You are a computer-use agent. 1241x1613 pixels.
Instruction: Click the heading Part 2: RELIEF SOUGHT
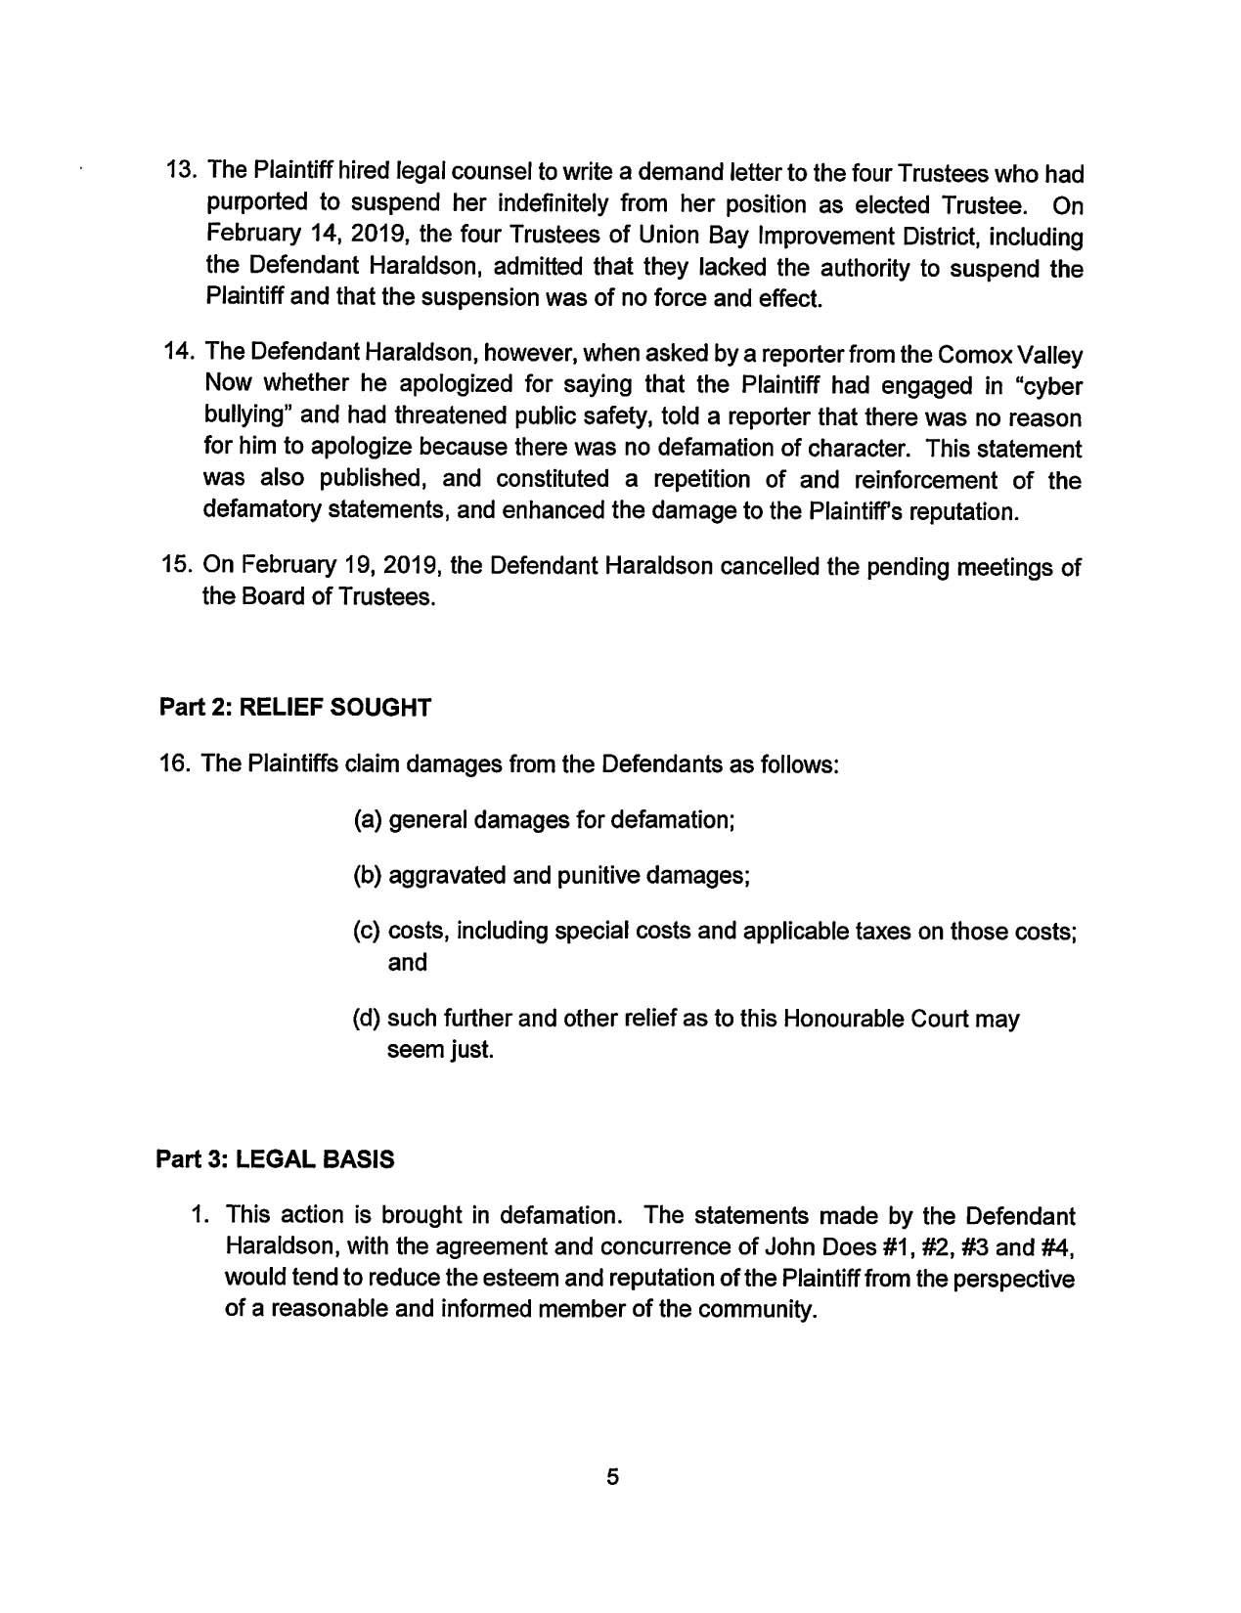pos(294,707)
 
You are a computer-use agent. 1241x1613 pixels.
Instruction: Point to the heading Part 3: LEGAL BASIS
pos(276,1159)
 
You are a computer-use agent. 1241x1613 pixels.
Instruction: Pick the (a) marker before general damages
pos(369,819)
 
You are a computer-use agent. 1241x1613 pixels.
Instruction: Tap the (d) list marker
pos(368,1019)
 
